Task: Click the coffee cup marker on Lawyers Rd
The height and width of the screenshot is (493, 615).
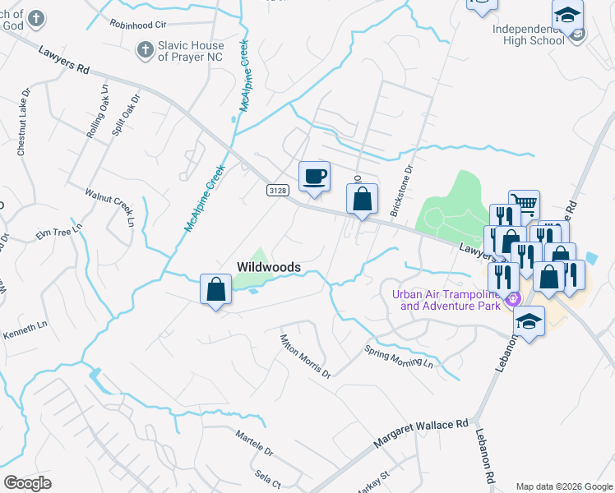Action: [314, 177]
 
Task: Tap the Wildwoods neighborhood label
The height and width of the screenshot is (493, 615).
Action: [268, 267]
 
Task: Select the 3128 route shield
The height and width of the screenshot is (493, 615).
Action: [278, 191]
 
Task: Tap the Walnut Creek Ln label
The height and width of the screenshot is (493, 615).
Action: [109, 205]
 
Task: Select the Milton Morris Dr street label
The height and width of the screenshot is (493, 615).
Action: [304, 357]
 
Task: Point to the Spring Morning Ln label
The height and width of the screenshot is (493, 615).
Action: [399, 355]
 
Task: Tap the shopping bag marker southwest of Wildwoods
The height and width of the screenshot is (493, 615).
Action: [215, 289]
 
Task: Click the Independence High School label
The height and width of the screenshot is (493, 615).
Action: [529, 35]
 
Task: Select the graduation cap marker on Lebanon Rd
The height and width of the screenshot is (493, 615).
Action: [529, 322]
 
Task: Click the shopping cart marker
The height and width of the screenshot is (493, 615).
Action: [524, 205]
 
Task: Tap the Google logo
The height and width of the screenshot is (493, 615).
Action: [27, 482]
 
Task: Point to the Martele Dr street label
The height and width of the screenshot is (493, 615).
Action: [253, 443]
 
